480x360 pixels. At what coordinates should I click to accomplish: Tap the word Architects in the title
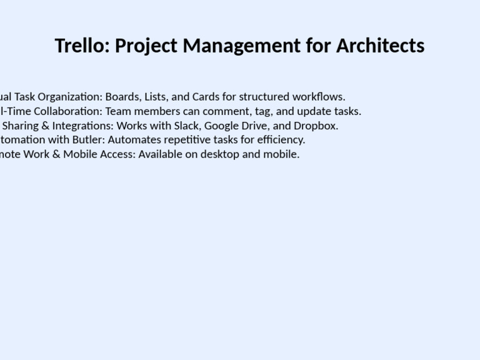[x=381, y=46]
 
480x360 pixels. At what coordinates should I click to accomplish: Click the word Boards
[x=122, y=97]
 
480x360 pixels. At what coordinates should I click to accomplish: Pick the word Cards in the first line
[x=205, y=97]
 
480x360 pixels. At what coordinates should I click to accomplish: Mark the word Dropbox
[x=316, y=126]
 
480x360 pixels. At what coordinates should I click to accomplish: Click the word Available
[x=160, y=154]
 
